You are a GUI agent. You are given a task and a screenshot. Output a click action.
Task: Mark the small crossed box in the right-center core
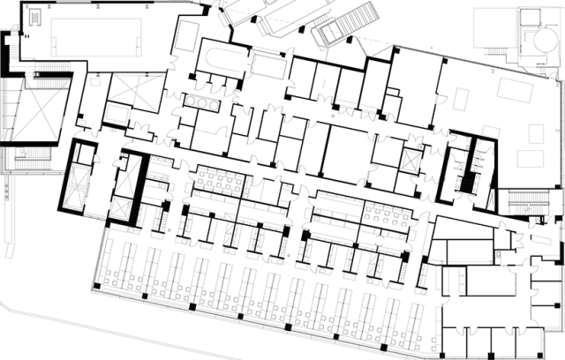pyautogui.click(x=412, y=163)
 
